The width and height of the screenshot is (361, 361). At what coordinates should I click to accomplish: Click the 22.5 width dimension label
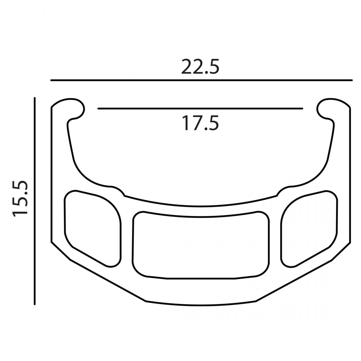(x=200, y=67)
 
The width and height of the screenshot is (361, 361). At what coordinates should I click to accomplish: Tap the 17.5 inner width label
(x=200, y=123)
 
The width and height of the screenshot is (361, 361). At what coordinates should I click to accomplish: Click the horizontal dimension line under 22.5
(x=202, y=80)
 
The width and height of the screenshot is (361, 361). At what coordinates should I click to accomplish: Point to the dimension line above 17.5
(x=200, y=109)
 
